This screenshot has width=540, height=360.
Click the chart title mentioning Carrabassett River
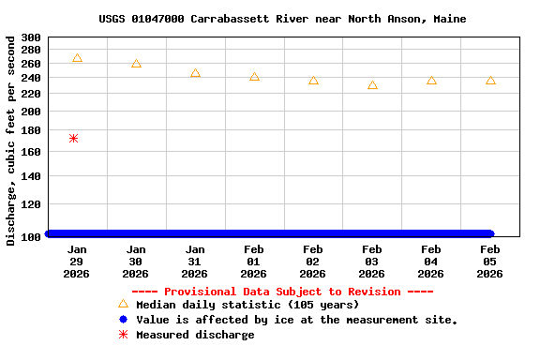(x=282, y=19)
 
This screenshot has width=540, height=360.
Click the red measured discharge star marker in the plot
(x=73, y=139)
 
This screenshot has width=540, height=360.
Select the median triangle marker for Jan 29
(x=77, y=58)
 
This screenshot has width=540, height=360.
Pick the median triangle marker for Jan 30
(x=136, y=64)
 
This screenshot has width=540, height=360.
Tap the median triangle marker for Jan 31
(x=195, y=73)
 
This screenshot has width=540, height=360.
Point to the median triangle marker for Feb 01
(x=254, y=77)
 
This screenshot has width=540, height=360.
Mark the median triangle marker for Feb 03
(x=372, y=85)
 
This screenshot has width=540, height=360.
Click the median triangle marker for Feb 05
(x=490, y=81)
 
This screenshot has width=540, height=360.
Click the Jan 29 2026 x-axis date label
(x=77, y=262)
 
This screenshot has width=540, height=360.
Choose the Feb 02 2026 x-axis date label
(x=312, y=262)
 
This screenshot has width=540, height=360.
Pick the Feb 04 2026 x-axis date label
(x=430, y=262)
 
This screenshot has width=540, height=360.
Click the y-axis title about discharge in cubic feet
(x=11, y=141)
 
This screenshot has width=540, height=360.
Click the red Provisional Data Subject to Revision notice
(x=282, y=292)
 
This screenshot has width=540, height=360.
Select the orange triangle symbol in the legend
(x=123, y=304)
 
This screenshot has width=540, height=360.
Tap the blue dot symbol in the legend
(x=123, y=320)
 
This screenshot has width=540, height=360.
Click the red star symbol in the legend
(x=123, y=335)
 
